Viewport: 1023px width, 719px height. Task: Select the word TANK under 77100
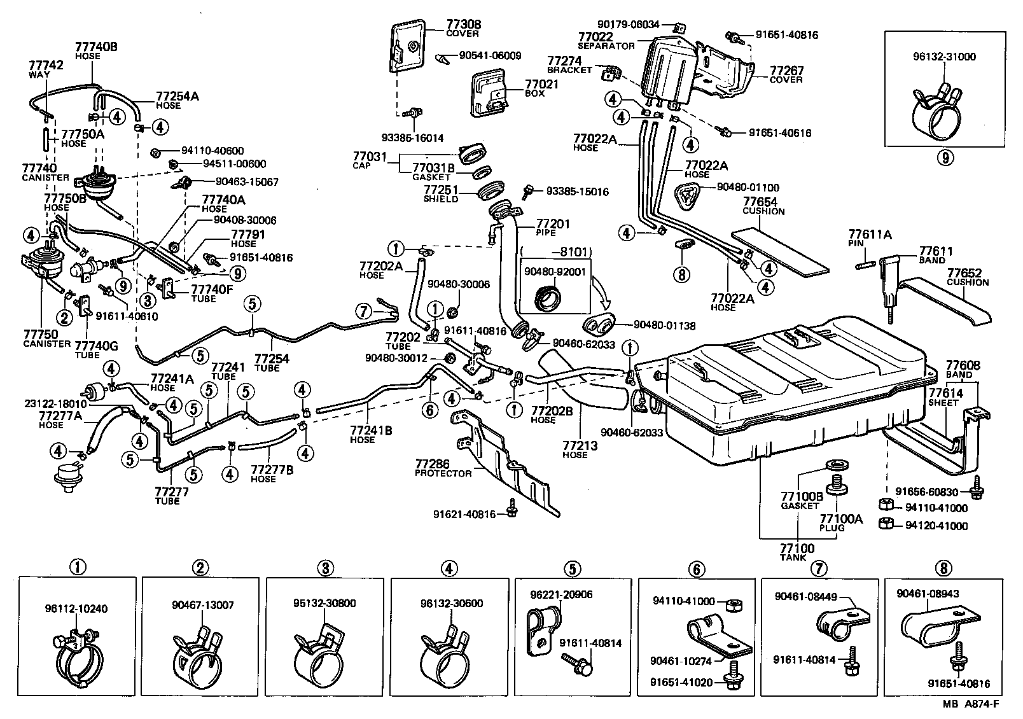coord(793,558)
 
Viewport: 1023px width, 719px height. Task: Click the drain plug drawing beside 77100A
coord(838,483)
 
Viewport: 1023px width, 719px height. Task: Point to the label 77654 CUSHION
coord(763,206)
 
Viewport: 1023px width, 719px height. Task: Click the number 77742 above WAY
coord(46,66)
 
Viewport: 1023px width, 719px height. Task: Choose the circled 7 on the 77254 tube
coord(363,311)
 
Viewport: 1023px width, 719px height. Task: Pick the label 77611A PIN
coord(869,239)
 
